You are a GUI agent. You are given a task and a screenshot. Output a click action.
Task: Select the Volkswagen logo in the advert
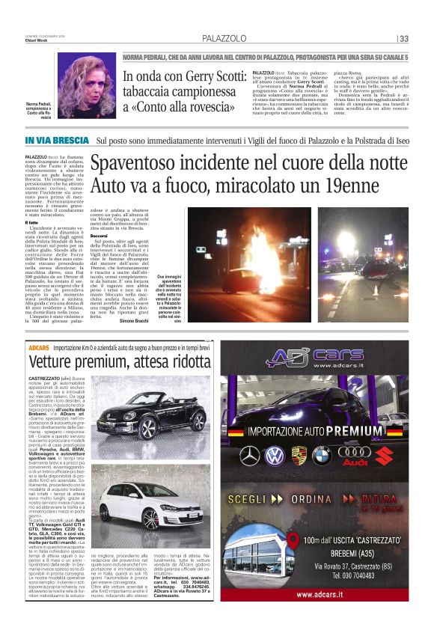275,453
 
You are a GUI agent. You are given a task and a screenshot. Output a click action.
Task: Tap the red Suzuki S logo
383,454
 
